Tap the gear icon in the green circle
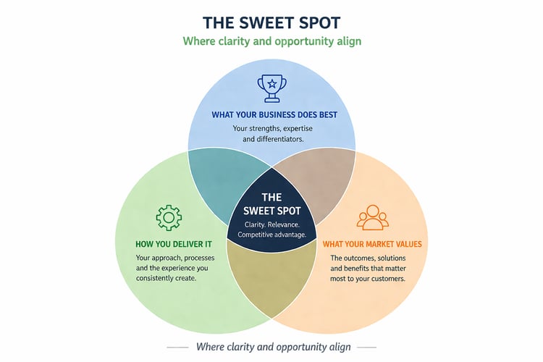169,217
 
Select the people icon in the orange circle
373,218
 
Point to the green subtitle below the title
271,41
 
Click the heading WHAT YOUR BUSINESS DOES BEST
274,114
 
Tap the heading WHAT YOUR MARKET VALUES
371,244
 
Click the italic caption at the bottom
274,347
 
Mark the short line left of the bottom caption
178,348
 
